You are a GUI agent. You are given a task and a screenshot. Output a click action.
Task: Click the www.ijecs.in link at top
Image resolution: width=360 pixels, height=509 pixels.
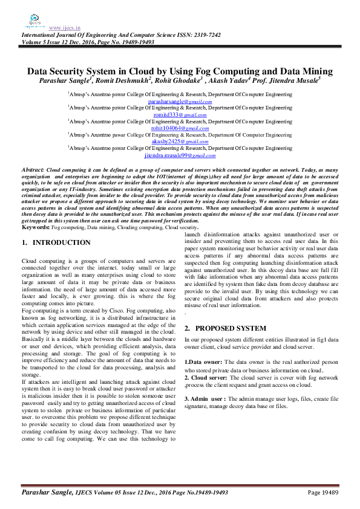(x=61, y=28)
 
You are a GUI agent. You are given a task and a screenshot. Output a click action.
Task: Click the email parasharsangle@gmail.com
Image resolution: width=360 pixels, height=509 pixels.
(x=179, y=102)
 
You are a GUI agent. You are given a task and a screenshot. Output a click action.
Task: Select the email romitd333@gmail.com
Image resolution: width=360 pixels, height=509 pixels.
(x=179, y=115)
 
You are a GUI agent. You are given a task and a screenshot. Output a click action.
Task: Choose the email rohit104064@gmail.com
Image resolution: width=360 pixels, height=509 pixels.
(x=179, y=128)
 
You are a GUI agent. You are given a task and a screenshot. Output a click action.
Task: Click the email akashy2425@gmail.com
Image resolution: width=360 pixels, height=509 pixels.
(x=179, y=141)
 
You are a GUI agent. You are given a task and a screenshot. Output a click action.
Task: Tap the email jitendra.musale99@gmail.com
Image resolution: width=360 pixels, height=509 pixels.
(x=179, y=155)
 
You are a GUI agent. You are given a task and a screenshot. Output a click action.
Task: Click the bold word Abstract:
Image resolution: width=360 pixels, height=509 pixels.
(x=33, y=172)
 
